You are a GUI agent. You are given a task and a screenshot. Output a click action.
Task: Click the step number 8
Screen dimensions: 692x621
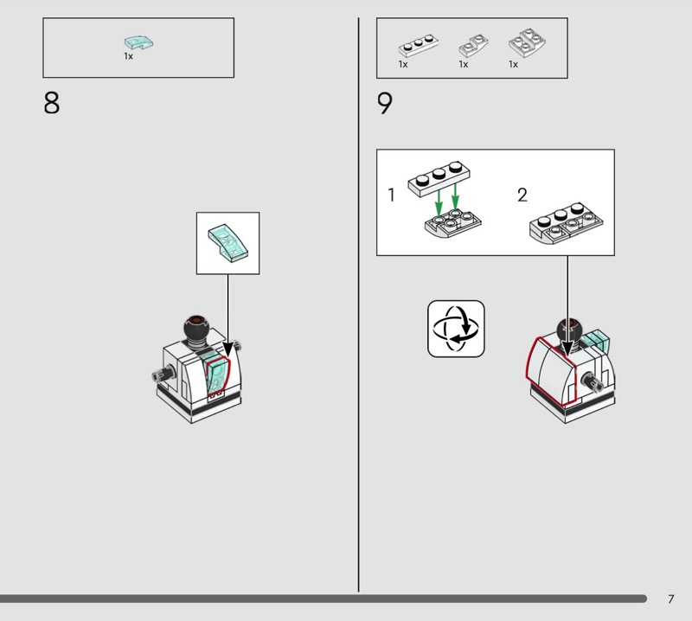click(51, 103)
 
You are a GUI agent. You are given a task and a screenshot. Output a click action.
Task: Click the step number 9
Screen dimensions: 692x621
click(384, 103)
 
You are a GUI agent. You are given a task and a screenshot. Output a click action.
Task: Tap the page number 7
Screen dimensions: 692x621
click(671, 599)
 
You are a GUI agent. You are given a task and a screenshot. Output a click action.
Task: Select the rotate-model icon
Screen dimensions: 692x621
click(456, 329)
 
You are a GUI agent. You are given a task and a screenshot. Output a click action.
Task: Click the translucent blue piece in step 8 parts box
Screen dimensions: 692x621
click(138, 42)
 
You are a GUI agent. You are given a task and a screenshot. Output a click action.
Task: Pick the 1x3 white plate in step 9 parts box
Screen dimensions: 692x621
click(419, 46)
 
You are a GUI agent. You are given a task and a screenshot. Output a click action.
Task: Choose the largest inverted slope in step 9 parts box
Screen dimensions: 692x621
click(527, 42)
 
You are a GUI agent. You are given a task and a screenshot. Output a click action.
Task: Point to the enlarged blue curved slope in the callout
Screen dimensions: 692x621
click(227, 243)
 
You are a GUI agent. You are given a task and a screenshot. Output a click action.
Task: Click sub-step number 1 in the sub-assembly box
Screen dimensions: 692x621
click(391, 195)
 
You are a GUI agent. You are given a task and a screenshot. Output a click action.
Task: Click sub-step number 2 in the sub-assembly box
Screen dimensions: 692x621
click(522, 195)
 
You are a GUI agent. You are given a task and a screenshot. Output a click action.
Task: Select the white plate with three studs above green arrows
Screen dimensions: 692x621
click(439, 178)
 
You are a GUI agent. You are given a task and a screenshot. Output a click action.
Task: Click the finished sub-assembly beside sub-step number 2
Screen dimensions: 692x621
click(567, 224)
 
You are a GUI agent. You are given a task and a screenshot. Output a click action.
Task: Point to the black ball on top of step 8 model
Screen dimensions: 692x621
click(196, 328)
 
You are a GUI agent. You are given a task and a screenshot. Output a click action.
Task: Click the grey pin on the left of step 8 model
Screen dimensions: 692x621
click(163, 375)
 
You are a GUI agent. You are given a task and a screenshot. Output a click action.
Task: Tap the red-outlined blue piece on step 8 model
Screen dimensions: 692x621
click(218, 375)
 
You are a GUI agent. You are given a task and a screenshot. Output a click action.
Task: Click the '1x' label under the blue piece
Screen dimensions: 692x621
click(128, 56)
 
